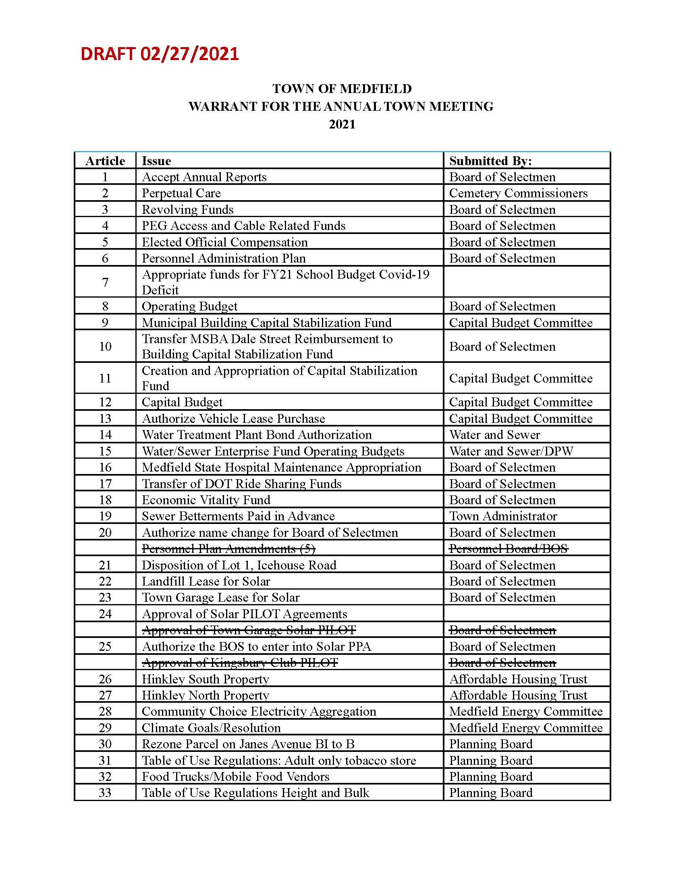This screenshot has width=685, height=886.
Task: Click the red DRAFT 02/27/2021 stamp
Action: point(160,54)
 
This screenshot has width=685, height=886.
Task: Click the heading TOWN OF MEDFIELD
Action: point(342,89)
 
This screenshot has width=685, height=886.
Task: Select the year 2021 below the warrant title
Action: point(342,124)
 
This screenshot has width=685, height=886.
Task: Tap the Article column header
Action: point(105,161)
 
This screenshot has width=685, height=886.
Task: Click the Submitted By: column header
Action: point(490,161)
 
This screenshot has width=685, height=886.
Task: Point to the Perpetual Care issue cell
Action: point(181,193)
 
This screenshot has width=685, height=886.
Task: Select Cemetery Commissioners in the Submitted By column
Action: point(518,193)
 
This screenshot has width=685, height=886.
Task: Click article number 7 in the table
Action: point(105,282)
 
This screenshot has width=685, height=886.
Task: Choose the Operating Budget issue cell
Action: point(189,306)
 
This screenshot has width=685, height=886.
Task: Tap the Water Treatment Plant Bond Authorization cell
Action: point(256,435)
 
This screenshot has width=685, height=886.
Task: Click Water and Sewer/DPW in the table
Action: point(511,451)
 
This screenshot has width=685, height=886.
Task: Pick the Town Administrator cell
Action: point(503,516)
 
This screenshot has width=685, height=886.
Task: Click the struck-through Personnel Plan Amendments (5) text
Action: point(228,549)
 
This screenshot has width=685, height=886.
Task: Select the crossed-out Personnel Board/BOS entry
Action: point(508,549)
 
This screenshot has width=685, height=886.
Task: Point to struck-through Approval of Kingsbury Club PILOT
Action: point(240,663)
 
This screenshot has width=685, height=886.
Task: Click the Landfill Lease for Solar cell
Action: point(206,581)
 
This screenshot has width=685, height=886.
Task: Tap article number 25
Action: point(105,647)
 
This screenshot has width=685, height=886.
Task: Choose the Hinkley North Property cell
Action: point(205,696)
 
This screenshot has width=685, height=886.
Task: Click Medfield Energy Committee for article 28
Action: point(525,712)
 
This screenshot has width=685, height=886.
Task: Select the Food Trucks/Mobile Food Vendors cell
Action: point(235,776)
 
